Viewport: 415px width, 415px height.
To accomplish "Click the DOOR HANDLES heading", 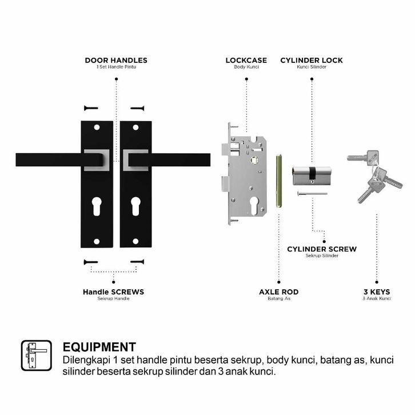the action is pos(116,60).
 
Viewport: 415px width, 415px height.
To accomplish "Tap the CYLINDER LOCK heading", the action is pos(312,60).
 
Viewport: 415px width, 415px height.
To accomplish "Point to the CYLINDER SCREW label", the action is pos(322,249).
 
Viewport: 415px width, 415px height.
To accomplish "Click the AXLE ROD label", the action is pos(278,292).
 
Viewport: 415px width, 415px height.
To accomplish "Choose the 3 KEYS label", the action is pos(377,292).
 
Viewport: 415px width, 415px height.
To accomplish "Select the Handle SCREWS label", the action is pos(113,292).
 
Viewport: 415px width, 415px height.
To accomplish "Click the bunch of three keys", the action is pos(374,174).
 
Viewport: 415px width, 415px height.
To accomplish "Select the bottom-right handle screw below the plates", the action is pos(137,262).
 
